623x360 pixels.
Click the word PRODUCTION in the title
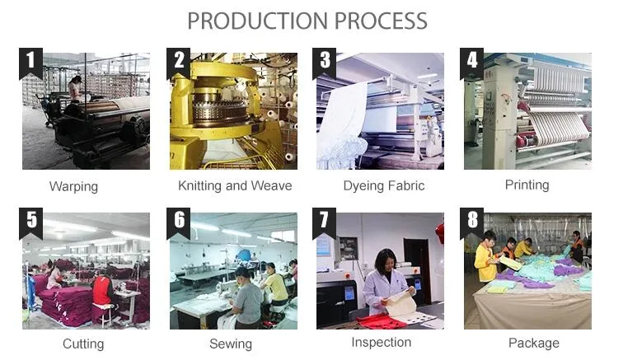tap(258, 21)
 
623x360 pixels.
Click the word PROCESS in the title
tap(381, 21)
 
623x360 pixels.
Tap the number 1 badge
tap(30, 63)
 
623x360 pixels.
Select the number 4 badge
tap(471, 63)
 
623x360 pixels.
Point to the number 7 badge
tap(324, 222)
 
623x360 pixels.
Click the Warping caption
tap(73, 186)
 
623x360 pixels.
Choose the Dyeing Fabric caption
tap(384, 185)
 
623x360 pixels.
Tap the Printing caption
tap(527, 185)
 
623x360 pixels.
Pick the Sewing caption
tap(231, 344)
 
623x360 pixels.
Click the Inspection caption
tap(382, 342)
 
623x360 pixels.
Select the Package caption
tap(534, 343)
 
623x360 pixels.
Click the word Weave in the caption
tap(271, 185)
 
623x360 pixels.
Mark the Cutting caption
tap(83, 344)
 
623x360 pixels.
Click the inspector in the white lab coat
tap(385, 284)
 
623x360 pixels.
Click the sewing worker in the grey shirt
tap(245, 298)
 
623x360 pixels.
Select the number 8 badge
tap(471, 222)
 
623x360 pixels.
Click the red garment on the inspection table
tap(382, 321)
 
